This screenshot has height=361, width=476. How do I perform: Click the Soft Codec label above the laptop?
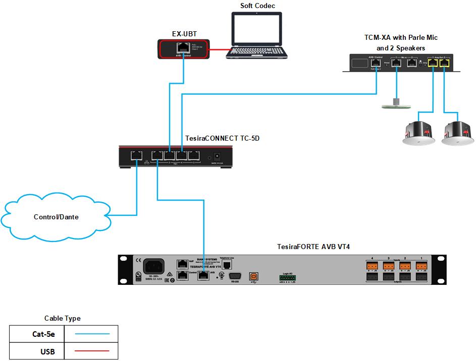pyautogui.click(x=257, y=6)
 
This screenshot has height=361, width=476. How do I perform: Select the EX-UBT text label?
pyautogui.click(x=184, y=34)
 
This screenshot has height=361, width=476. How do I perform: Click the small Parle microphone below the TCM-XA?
pyautogui.click(x=397, y=104)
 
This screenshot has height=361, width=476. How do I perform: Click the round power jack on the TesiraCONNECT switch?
pyautogui.click(x=219, y=157)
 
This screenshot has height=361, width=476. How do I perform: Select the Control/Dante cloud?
pyautogui.click(x=56, y=217)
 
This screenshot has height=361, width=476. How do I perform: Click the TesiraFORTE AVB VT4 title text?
pyautogui.click(x=313, y=247)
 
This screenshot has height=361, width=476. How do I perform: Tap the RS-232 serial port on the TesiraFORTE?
pyautogui.click(x=235, y=276)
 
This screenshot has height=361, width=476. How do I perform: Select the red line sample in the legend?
pyautogui.click(x=91, y=351)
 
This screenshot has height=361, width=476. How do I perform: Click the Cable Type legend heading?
pyautogui.click(x=63, y=318)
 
